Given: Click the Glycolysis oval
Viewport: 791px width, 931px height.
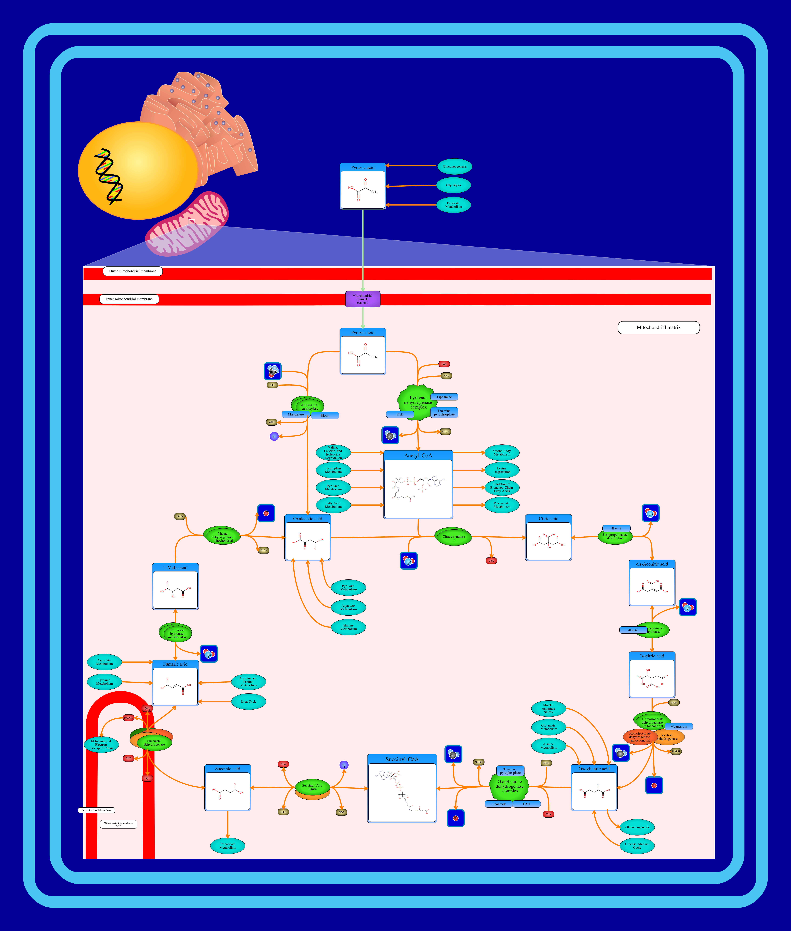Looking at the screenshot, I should (x=453, y=185).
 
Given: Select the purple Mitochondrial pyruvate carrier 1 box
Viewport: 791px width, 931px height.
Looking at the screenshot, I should (x=362, y=299).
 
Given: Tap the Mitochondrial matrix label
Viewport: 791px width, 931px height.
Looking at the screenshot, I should (x=658, y=327).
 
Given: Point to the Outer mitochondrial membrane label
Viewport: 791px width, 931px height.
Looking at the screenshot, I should (x=133, y=271).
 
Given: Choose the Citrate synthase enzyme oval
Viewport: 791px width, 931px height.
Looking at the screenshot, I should (x=453, y=537).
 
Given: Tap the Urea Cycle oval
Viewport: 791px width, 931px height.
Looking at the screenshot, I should (x=248, y=701).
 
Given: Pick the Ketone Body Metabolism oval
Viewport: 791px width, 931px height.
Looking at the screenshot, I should (x=502, y=452).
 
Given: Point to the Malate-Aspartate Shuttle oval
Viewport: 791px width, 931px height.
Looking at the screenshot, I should (x=548, y=709).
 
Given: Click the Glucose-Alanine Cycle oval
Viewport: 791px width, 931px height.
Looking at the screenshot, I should (x=637, y=846).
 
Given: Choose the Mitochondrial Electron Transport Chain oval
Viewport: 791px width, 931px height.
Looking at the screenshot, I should (x=101, y=744).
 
